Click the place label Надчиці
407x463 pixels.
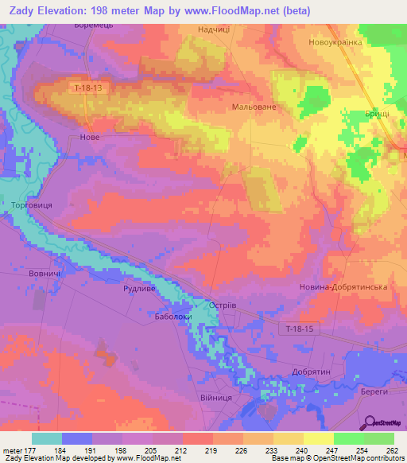[x=214, y=29]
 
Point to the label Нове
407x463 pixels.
[x=91, y=137]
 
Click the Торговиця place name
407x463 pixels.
[x=31, y=205]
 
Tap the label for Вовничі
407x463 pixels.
[x=45, y=274]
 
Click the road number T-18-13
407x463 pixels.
[x=86, y=87]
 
